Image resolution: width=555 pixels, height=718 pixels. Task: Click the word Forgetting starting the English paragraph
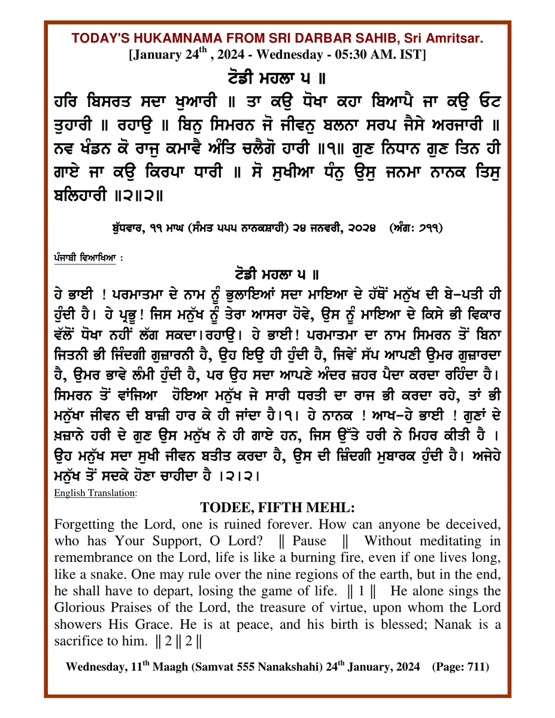point(84,524)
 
